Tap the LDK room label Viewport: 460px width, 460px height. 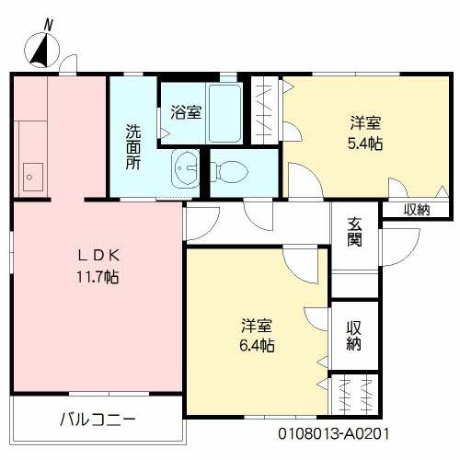[96, 255]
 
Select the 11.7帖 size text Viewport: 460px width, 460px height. [96, 275]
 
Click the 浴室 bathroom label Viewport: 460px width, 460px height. [186, 112]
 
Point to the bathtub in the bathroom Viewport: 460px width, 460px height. [224, 112]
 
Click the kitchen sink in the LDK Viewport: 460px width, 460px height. [33, 173]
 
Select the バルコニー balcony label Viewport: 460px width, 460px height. [98, 420]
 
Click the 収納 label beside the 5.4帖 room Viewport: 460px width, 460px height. [417, 209]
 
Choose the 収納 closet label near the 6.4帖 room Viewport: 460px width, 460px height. [354, 337]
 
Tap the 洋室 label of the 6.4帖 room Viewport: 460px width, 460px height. [257, 326]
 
